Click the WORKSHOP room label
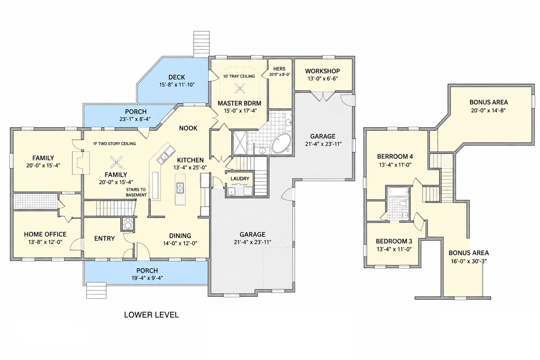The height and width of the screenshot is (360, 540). [322, 71]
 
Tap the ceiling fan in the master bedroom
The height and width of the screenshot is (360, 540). [240, 88]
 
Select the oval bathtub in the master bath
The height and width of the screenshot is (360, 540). [281, 143]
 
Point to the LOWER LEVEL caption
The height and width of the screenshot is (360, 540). [152, 315]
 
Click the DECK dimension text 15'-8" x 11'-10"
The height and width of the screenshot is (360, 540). [177, 85]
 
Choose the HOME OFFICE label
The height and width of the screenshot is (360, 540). [45, 234]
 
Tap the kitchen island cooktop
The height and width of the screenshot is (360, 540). [180, 188]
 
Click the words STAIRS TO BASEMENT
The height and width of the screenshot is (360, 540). [136, 192]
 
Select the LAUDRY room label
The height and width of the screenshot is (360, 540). [240, 179]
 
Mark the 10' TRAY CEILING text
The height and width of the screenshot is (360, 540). [239, 76]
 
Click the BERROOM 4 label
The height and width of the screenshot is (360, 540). [395, 156]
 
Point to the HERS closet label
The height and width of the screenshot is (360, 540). [279, 69]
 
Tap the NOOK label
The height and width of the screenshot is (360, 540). [188, 128]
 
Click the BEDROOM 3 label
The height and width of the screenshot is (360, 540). [394, 241]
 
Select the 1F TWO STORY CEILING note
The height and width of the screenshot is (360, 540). [114, 144]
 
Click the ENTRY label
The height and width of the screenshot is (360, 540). [104, 238]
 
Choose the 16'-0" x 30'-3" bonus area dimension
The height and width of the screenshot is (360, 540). [469, 261]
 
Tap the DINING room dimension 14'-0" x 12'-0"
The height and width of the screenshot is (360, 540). [180, 243]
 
